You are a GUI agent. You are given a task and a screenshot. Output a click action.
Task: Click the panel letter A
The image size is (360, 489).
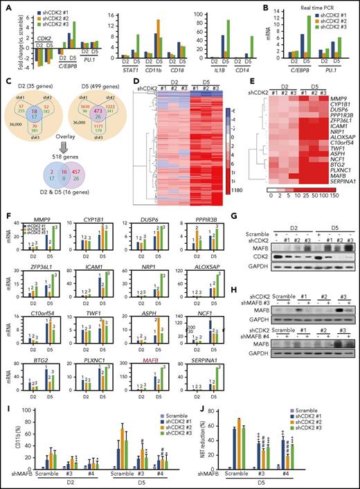(5, 6)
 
